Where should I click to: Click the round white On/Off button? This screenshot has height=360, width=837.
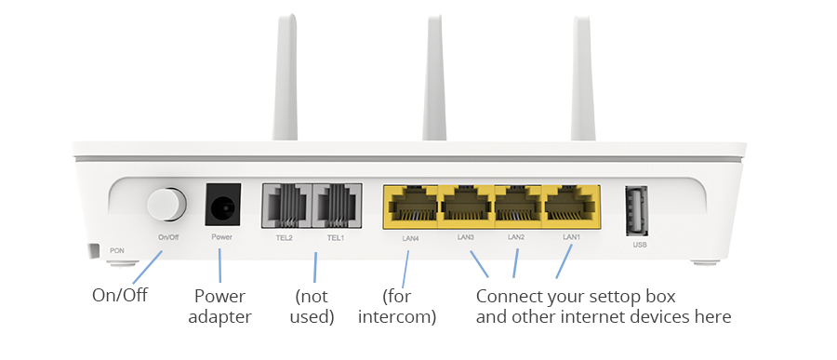[167, 204]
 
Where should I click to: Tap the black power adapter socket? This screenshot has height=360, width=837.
[222, 205]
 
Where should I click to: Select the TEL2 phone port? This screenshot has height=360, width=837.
[286, 206]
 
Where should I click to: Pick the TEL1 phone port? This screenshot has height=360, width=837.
[337, 206]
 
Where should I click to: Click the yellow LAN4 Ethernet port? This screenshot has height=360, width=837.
[410, 207]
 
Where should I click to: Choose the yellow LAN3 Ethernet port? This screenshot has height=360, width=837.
[466, 207]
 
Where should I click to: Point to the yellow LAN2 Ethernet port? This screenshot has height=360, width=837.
[518, 207]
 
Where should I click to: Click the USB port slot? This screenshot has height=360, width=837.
[637, 210]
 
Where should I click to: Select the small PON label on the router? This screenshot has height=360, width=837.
[117, 250]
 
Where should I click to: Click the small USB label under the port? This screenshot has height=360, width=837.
[640, 245]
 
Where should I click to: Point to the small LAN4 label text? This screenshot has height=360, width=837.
[410, 238]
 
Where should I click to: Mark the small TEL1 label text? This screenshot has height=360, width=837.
[336, 238]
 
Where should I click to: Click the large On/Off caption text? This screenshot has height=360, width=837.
[120, 295]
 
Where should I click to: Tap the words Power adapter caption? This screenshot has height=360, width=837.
[219, 306]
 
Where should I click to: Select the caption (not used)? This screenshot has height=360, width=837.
[312, 306]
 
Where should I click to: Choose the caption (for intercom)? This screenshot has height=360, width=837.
[397, 306]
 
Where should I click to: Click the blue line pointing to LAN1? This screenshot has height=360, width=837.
[565, 261]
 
